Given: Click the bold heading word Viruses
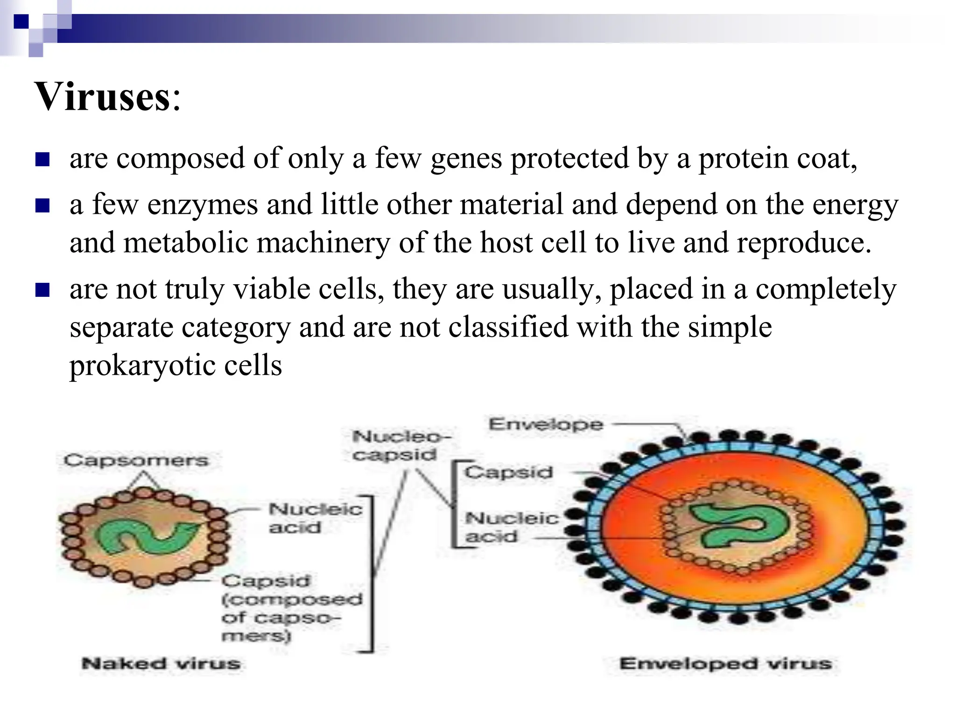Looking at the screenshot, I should (x=103, y=97).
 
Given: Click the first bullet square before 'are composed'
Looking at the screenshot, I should (x=42, y=159).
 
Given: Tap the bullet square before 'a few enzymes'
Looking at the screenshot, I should (x=42, y=205).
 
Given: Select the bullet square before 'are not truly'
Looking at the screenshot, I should (x=42, y=290).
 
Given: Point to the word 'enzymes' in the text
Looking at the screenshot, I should (x=203, y=205).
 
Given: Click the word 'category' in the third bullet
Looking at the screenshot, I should (x=236, y=327).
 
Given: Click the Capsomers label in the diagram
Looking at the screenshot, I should (x=136, y=460).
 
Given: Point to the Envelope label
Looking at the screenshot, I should (x=546, y=424).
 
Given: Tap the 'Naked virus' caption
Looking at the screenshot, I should (x=161, y=663).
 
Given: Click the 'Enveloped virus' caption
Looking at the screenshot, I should (x=725, y=663).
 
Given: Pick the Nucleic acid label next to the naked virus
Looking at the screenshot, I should (x=315, y=518).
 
